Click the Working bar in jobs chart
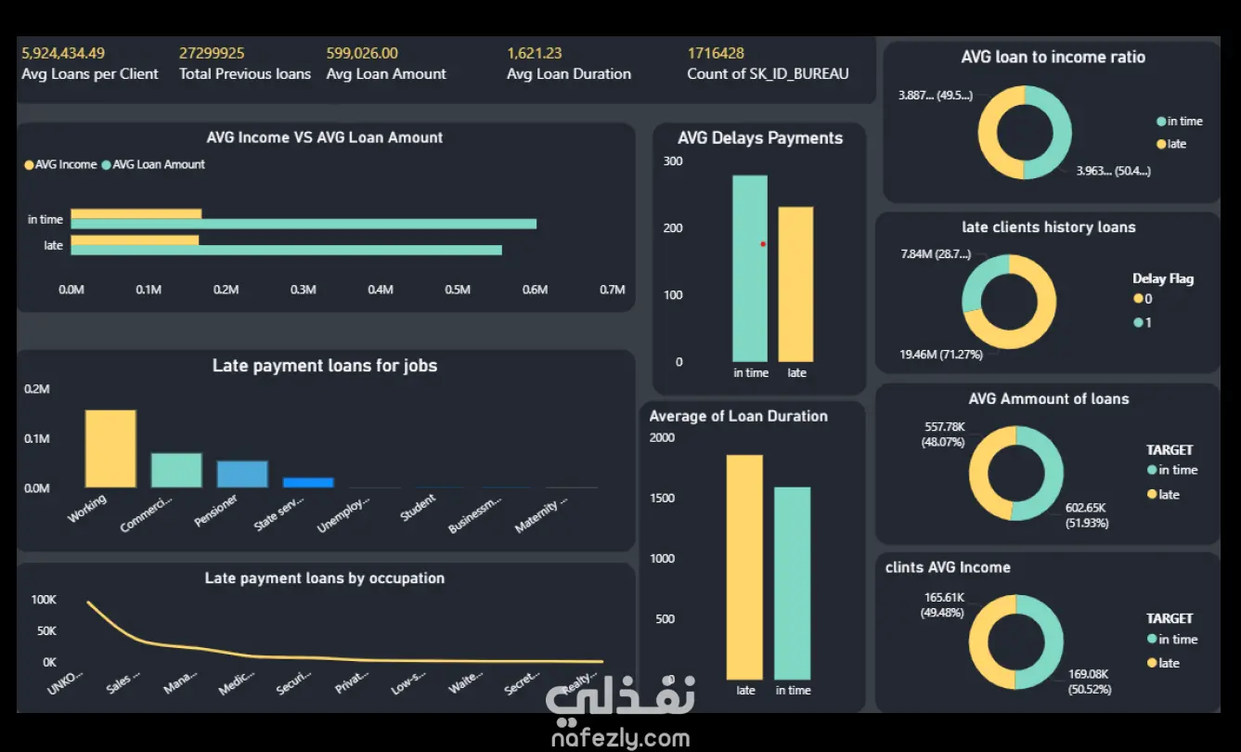pyautogui.click(x=110, y=448)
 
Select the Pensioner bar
pyautogui.click(x=242, y=473)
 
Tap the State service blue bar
pyautogui.click(x=308, y=483)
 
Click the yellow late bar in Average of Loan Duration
pyautogui.click(x=744, y=566)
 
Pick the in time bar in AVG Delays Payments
pyautogui.click(x=750, y=268)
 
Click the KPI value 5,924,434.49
pyautogui.click(x=63, y=53)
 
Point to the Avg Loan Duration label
pyautogui.click(x=569, y=74)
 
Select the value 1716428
pyautogui.click(x=716, y=53)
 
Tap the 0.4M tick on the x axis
pyautogui.click(x=380, y=290)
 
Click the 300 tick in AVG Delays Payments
pyautogui.click(x=673, y=162)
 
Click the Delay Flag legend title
pyautogui.click(x=1163, y=279)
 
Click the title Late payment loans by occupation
pyautogui.click(x=325, y=578)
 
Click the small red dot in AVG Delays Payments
pyautogui.click(x=763, y=244)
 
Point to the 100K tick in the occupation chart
pyautogui.click(x=44, y=601)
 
